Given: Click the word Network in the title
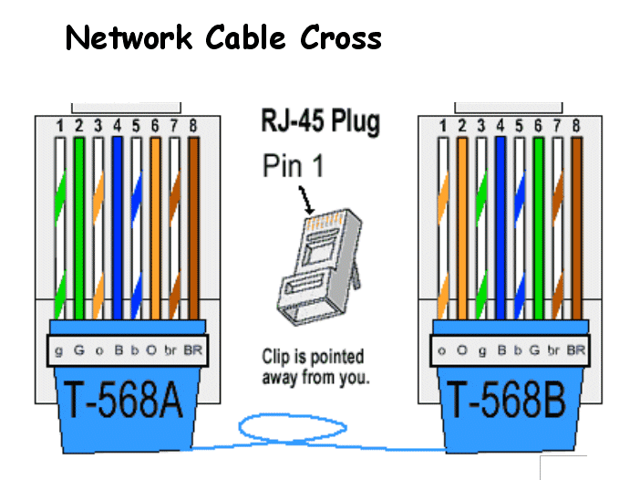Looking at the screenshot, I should click(x=129, y=37).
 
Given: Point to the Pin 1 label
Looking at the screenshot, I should click(x=293, y=165).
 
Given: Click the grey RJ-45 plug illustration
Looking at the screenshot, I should click(x=314, y=265).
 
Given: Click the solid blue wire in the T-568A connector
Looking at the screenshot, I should click(x=117, y=228).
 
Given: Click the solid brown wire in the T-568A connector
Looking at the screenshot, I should click(x=193, y=228).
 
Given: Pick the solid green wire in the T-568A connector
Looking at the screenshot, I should click(x=79, y=228).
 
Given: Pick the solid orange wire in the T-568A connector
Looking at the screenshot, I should click(x=155, y=228).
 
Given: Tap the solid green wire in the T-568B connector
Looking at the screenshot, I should click(x=538, y=228).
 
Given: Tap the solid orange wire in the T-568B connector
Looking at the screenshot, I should click(x=462, y=228).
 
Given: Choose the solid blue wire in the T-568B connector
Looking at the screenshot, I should click(x=500, y=228).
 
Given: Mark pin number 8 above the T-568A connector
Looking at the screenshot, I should click(x=192, y=125).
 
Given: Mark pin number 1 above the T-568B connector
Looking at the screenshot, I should click(x=443, y=125).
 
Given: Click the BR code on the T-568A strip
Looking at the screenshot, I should click(x=192, y=350).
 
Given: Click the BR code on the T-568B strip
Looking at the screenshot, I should click(x=575, y=350).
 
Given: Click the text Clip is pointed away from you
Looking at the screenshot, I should click(x=313, y=366).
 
